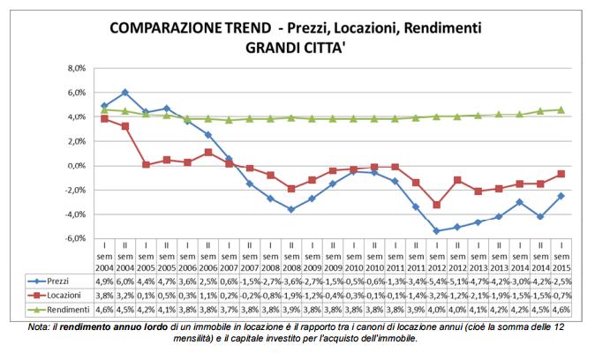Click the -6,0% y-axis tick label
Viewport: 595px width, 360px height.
[75, 238]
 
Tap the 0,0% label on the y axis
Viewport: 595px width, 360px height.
[76, 166]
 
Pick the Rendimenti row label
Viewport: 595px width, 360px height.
[69, 311]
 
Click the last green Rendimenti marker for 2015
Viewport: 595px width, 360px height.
[562, 109]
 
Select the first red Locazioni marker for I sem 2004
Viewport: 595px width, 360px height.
[104, 118]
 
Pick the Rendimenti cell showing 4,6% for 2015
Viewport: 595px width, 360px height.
[562, 311]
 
